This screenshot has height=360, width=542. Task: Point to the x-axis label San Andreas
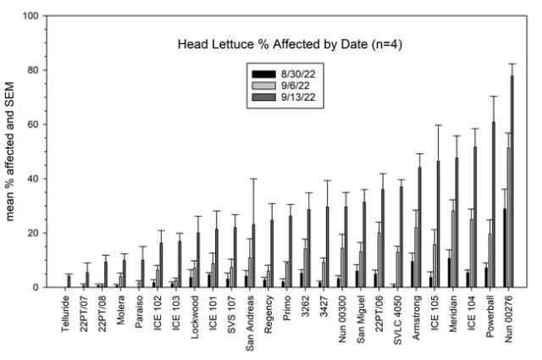pos(247,318)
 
